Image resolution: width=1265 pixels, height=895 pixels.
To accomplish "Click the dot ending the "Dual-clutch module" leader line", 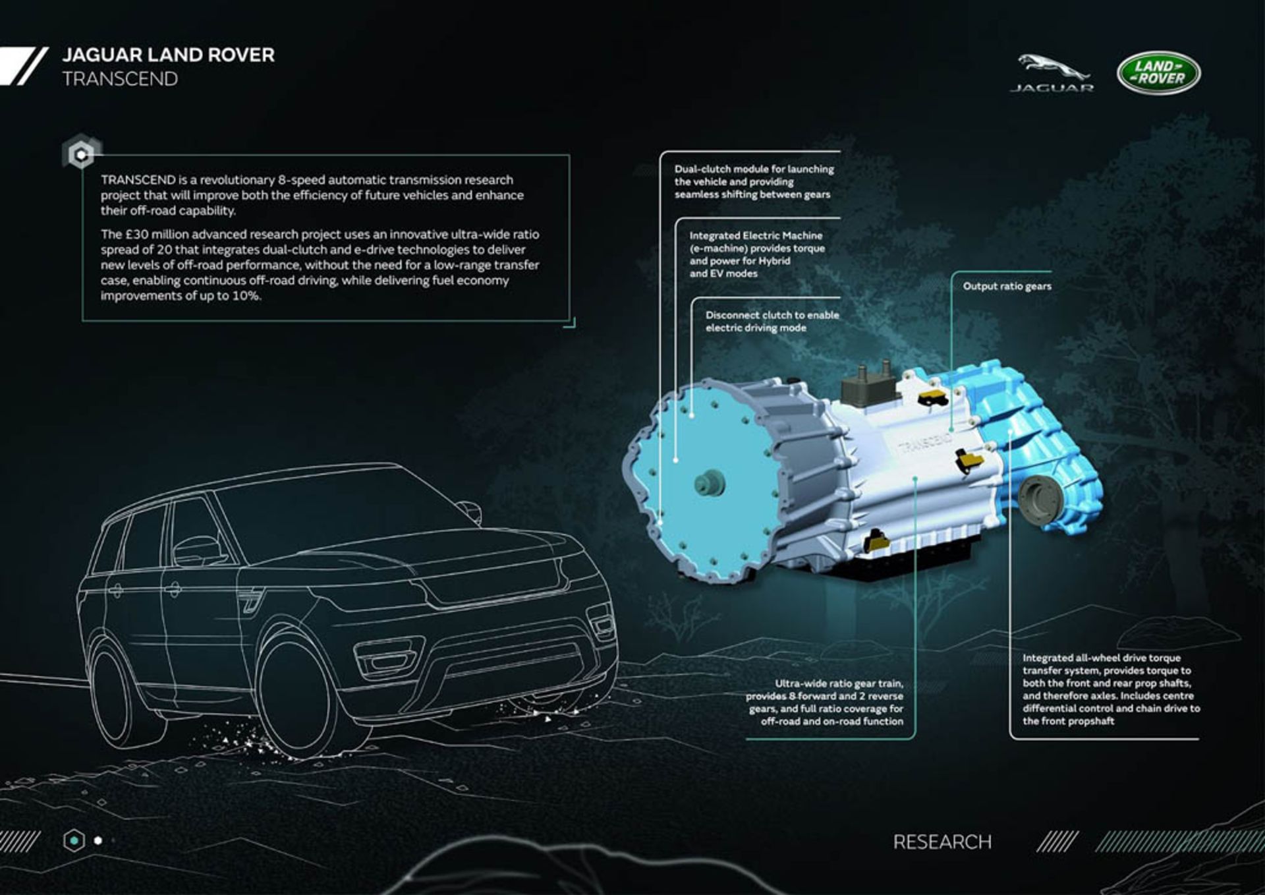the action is click(x=660, y=523).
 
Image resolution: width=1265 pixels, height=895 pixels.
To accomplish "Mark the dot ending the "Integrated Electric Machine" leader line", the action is click(x=676, y=460).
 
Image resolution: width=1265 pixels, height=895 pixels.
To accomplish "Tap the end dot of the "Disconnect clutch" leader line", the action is click(x=691, y=415).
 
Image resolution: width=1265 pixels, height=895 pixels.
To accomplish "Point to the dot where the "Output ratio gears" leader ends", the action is click(x=951, y=429).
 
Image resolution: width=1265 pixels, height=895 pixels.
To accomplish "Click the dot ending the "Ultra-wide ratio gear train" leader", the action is click(x=914, y=479).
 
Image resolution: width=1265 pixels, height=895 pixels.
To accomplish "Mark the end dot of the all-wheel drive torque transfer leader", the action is click(x=1010, y=433).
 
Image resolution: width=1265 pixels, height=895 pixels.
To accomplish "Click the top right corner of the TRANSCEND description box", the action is click(x=569, y=156).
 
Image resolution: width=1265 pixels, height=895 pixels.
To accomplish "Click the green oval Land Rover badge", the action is click(x=1158, y=72).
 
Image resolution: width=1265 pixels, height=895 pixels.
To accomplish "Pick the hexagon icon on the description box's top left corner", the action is click(x=82, y=154).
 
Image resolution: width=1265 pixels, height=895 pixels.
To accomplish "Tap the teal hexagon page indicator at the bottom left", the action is click(x=74, y=840).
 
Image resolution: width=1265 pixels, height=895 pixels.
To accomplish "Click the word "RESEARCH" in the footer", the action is click(x=942, y=842).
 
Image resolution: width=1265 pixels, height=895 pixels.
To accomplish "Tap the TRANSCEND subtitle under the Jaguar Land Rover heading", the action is click(x=120, y=79).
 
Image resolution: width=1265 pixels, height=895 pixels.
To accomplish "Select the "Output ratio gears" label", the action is click(x=1007, y=286).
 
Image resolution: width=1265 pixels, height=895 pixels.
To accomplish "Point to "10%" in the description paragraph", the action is click(x=246, y=296).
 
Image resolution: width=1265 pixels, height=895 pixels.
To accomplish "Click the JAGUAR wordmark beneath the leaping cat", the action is click(x=1052, y=88).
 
